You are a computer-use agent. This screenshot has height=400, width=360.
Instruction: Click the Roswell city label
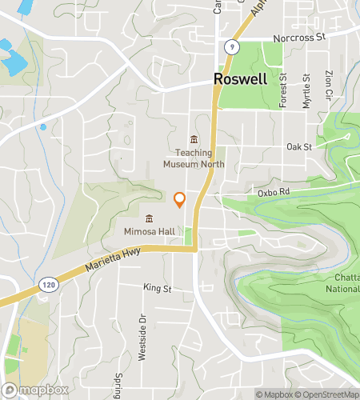tap(250, 80)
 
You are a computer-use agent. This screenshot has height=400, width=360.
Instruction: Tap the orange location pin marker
tap(180, 199)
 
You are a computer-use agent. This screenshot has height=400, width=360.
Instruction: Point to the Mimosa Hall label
tap(149, 232)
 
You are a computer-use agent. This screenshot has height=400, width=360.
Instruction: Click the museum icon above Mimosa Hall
tap(149, 218)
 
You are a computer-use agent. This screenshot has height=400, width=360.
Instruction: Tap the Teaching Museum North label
tap(194, 158)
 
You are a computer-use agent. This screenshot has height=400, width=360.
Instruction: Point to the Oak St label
tap(298, 147)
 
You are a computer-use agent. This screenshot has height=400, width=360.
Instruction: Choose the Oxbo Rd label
tap(272, 193)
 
